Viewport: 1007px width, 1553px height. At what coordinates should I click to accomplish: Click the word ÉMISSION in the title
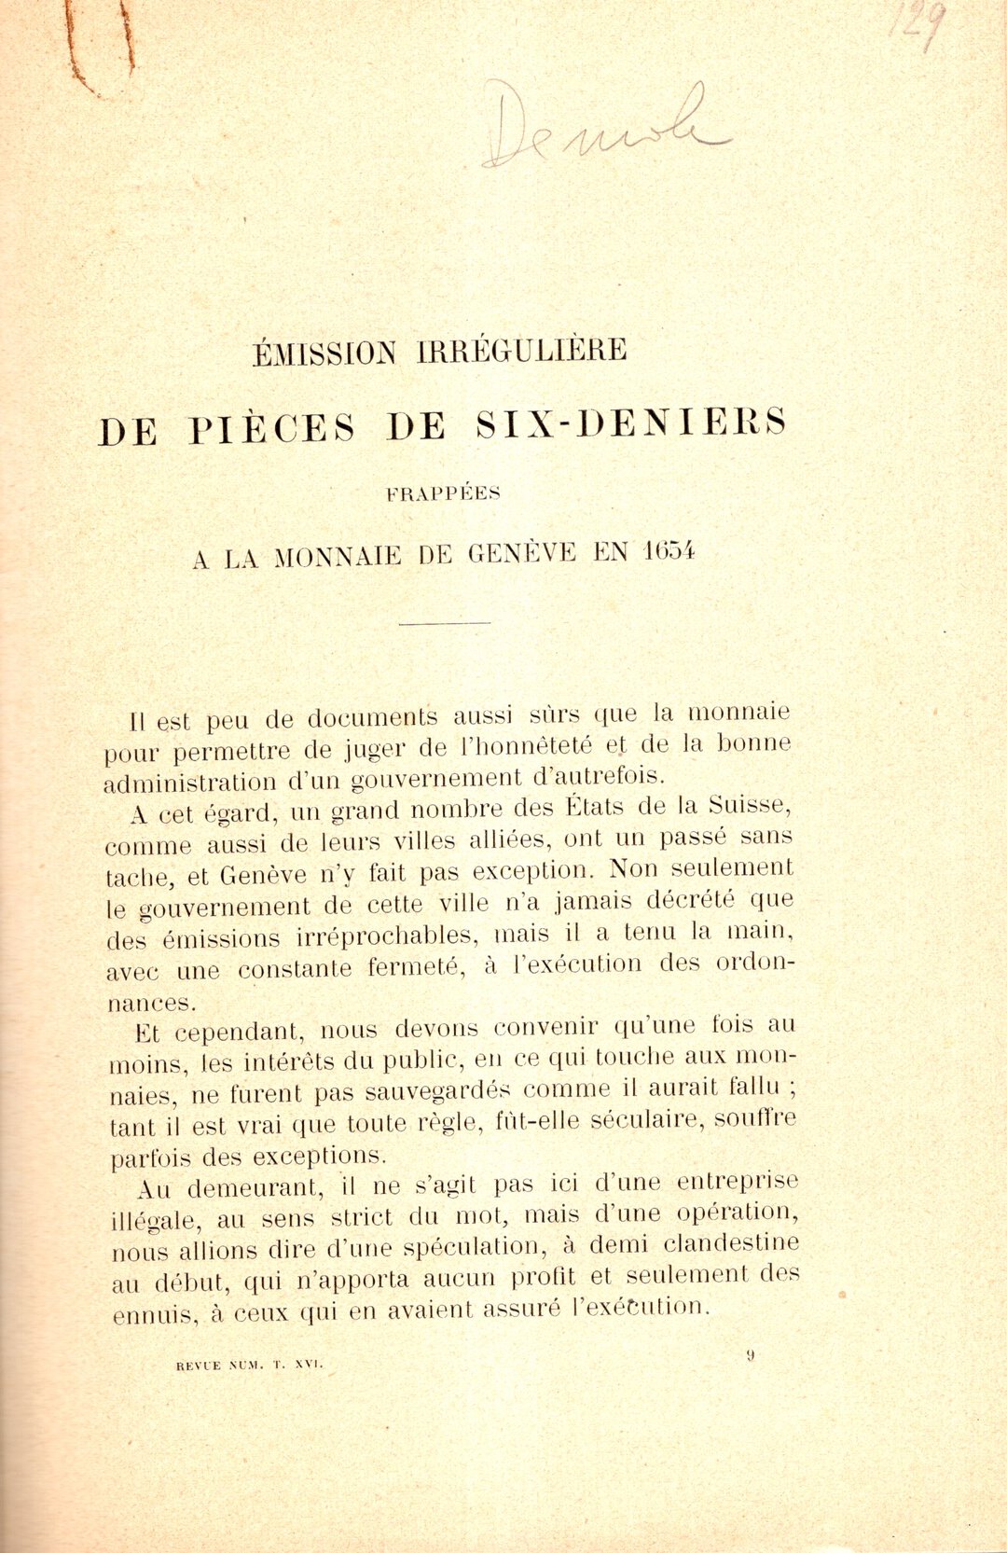(324, 353)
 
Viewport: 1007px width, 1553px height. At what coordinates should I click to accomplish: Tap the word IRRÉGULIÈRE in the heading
(522, 350)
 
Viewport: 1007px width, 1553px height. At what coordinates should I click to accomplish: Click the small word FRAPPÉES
(443, 494)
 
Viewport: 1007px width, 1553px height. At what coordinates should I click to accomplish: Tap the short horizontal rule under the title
(444, 623)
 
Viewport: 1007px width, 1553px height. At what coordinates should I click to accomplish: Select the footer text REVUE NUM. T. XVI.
(249, 1365)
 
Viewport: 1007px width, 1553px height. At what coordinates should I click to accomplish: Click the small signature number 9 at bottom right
(750, 1355)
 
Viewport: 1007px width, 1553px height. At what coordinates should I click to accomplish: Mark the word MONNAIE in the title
(338, 557)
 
